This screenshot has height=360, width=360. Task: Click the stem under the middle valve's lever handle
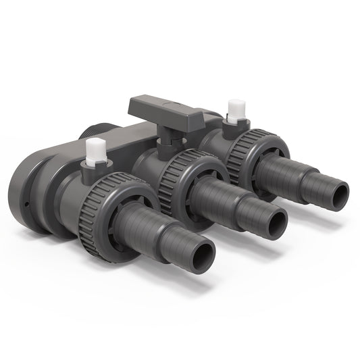click(163, 135)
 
